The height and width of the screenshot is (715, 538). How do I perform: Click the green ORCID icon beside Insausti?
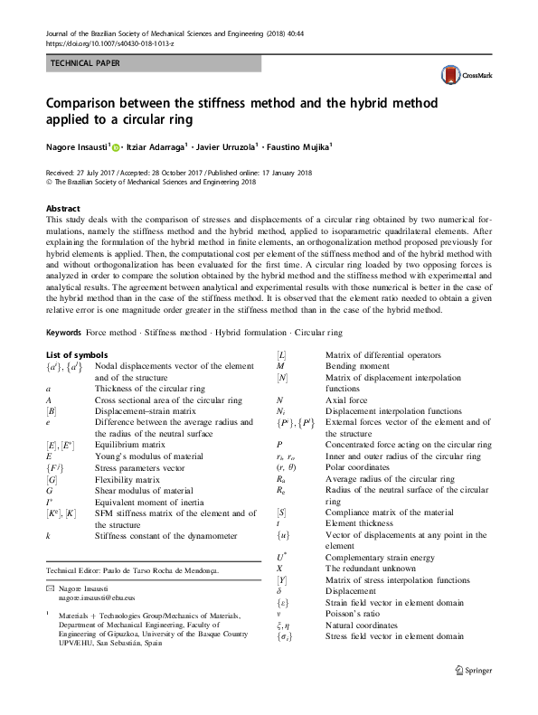(116, 146)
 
